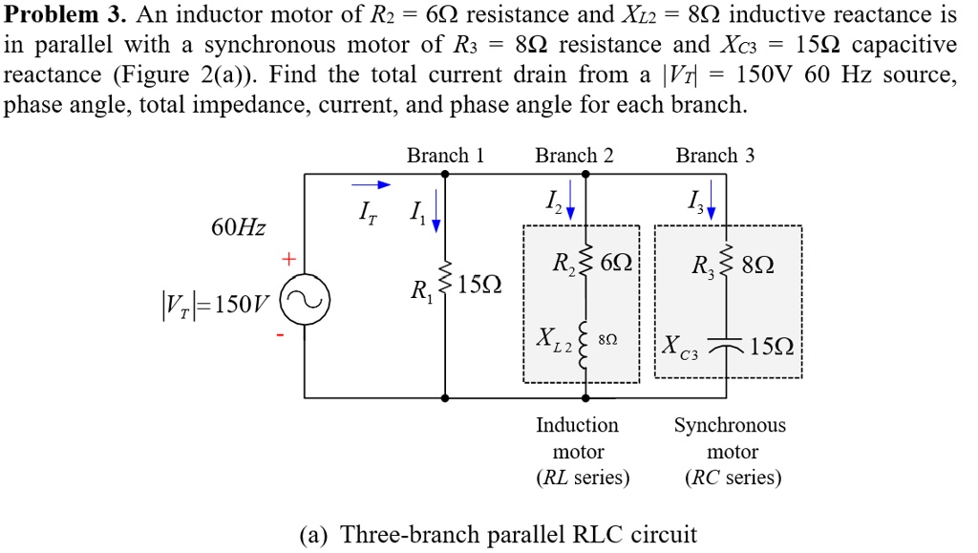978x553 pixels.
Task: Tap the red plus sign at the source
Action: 285,259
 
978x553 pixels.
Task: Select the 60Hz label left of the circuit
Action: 239,228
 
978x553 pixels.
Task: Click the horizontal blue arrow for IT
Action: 372,185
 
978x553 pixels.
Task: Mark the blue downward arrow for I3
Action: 711,203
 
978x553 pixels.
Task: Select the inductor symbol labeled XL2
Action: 585,336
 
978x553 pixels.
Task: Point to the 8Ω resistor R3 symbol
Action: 726,265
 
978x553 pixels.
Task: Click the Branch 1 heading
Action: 445,155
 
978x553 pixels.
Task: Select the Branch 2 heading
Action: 574,155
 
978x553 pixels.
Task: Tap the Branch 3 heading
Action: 714,155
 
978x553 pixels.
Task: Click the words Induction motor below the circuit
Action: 578,437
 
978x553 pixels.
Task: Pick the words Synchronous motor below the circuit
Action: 731,437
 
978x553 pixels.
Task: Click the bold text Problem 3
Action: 65,15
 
